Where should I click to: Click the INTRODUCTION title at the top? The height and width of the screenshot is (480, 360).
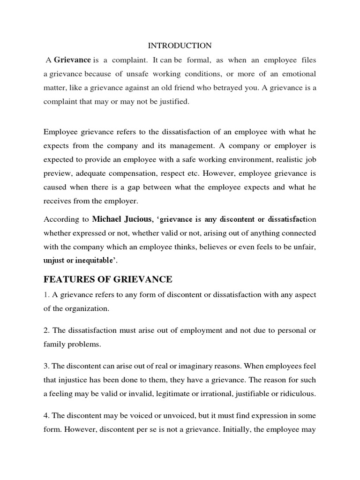tap(180, 45)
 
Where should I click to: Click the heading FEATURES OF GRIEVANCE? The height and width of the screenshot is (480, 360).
tap(108, 280)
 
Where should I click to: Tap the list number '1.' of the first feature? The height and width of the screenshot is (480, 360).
tap(46, 294)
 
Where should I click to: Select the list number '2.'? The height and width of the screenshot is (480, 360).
tap(46, 330)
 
